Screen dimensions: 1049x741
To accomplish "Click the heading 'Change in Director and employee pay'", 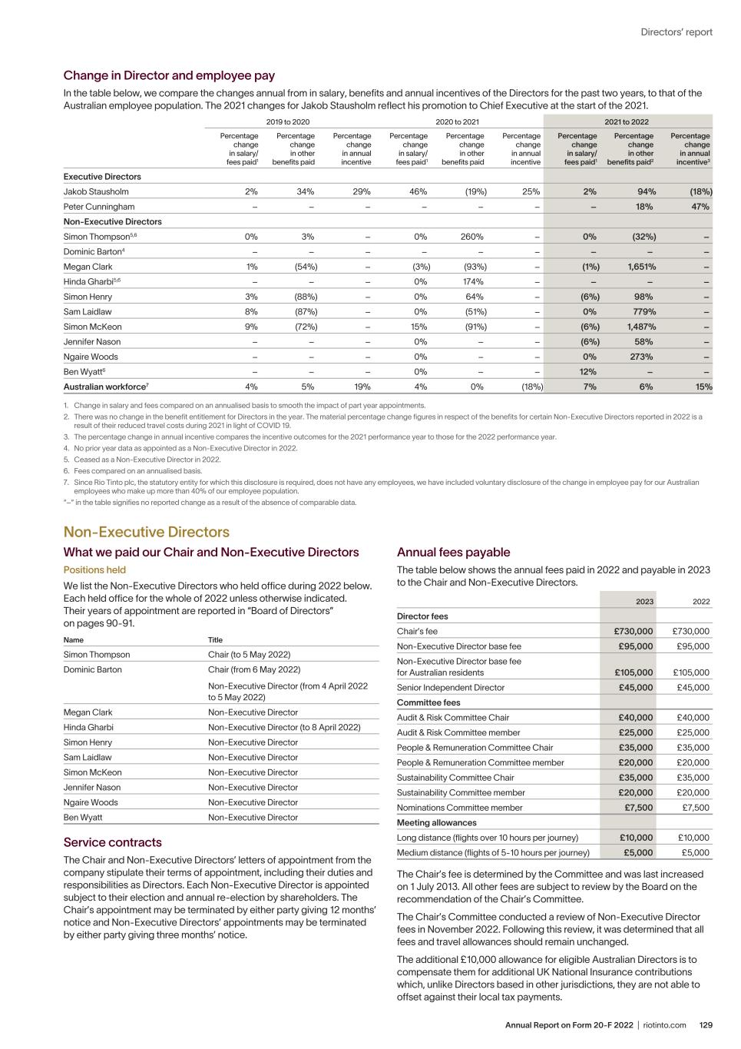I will click(x=169, y=75).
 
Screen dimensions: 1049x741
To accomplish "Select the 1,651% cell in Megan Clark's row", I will click(x=640, y=267).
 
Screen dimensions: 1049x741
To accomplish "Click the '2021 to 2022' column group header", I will click(x=627, y=121).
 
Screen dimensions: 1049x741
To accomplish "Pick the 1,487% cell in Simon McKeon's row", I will click(x=640, y=327).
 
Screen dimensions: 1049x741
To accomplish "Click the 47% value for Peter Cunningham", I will click(x=700, y=207).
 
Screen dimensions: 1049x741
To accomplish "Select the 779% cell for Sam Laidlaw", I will click(x=643, y=311).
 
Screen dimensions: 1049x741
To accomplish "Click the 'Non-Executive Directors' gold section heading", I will click(x=146, y=532).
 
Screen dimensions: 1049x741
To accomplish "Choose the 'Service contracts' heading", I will click(x=112, y=842).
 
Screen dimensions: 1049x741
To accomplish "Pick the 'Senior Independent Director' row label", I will click(x=451, y=688).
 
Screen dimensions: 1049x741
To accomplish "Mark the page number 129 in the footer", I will click(x=706, y=1025).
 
